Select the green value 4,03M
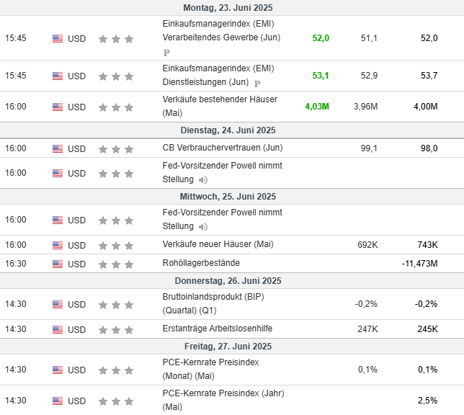317,107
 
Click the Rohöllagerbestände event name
201,263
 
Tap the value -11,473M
419,264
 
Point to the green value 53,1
321,76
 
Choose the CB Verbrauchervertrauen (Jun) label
223,148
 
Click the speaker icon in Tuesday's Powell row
203,180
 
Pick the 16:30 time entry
16,264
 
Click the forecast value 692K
367,245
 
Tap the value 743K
427,245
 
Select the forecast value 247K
367,329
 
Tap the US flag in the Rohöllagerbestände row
58,264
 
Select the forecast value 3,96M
365,107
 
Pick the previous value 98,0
429,148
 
